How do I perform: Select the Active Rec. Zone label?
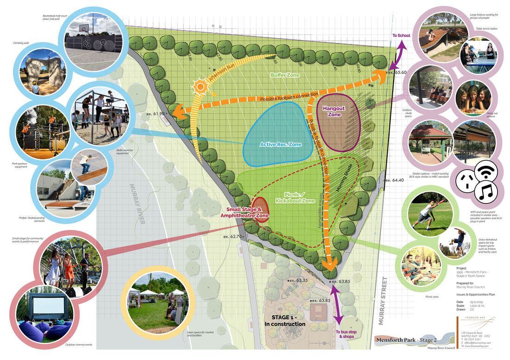coord(280,145)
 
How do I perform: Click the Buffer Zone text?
coord(285,75)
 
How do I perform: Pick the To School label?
coord(401,35)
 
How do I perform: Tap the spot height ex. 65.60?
coord(398,72)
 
